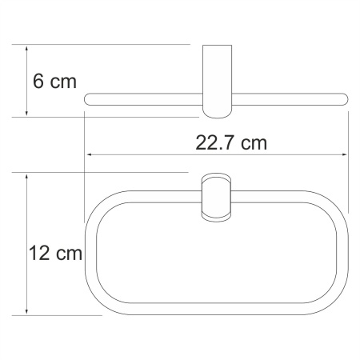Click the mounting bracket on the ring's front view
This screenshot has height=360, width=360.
click(215, 197)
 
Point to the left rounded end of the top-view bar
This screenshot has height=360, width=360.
click(90, 99)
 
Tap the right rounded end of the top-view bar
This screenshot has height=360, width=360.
click(344, 99)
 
